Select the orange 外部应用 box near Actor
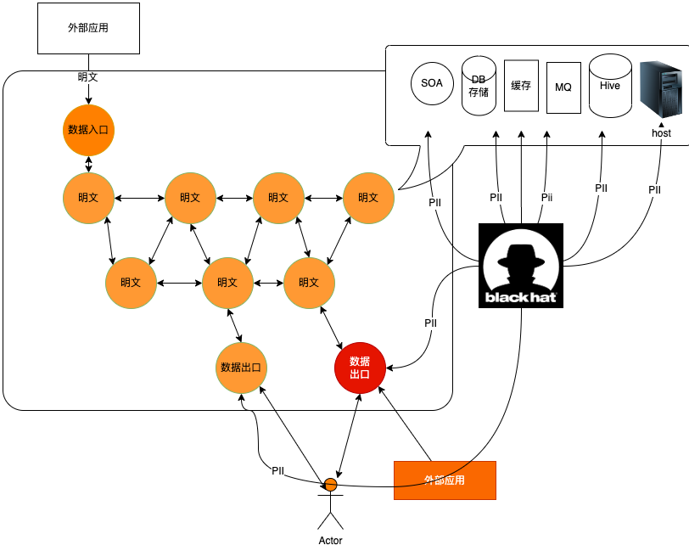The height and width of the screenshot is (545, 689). pyautogui.click(x=445, y=480)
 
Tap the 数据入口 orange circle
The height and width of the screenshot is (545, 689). pyautogui.click(x=89, y=130)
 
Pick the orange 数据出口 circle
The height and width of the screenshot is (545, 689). pyautogui.click(x=242, y=368)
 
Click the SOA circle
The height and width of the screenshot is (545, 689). pyautogui.click(x=431, y=83)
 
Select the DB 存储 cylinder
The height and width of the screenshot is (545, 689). pyautogui.click(x=479, y=86)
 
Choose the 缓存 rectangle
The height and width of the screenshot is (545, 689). pyautogui.click(x=521, y=85)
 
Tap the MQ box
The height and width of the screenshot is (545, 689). pyautogui.click(x=563, y=87)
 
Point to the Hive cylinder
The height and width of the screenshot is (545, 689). pyautogui.click(x=610, y=85)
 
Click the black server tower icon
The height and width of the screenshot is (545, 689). pyautogui.click(x=661, y=88)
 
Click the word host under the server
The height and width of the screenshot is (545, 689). pyautogui.click(x=661, y=133)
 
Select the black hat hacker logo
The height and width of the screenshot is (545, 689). pyautogui.click(x=521, y=265)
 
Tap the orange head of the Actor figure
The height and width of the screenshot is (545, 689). pyautogui.click(x=330, y=485)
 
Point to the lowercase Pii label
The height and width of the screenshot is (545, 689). pyautogui.click(x=546, y=197)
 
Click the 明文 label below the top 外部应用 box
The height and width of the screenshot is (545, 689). pyautogui.click(x=87, y=77)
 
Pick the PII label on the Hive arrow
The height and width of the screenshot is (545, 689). pyautogui.click(x=601, y=188)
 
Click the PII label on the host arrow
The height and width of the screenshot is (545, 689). pyautogui.click(x=654, y=190)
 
